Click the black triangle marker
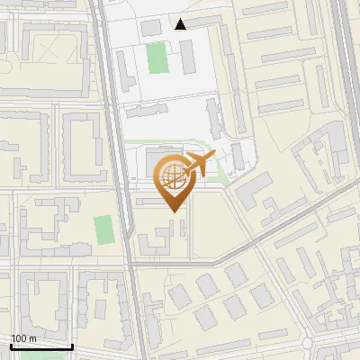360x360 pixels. point(181,24)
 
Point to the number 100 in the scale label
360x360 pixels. point(19,338)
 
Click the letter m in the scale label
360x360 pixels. point(32,338)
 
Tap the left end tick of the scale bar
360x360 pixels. point(10,346)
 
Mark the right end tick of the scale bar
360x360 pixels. point(73,346)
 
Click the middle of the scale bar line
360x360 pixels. point(41,347)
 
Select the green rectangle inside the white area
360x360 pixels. point(157,58)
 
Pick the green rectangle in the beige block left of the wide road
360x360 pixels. point(103,229)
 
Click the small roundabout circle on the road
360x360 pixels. point(308,344)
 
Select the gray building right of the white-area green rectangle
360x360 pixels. point(187,58)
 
